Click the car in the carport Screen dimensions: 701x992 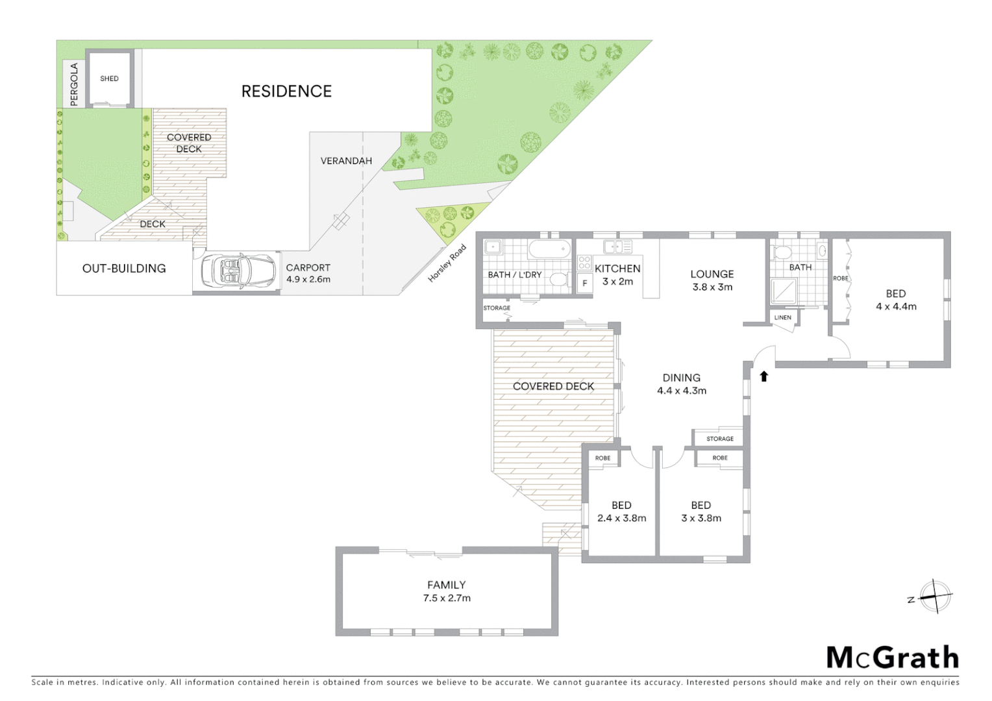[238, 271]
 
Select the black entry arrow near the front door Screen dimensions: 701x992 [763, 376]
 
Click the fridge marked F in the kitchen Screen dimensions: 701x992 [584, 284]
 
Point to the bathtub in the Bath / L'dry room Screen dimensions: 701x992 [549, 249]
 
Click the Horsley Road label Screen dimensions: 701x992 [447, 263]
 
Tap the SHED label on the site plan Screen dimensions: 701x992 [109, 79]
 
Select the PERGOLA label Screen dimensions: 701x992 [74, 84]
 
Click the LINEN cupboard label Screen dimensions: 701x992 [782, 317]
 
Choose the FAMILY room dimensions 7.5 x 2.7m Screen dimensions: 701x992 [447, 598]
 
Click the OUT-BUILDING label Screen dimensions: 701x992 [124, 269]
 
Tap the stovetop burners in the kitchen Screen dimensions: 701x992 [584, 263]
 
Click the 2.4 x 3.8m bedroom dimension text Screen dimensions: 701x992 [621, 518]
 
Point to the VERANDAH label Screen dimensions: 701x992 [346, 161]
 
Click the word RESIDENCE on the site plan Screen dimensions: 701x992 [286, 92]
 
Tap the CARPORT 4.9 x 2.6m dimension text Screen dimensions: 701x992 [308, 280]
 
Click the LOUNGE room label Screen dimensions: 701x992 [712, 274]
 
